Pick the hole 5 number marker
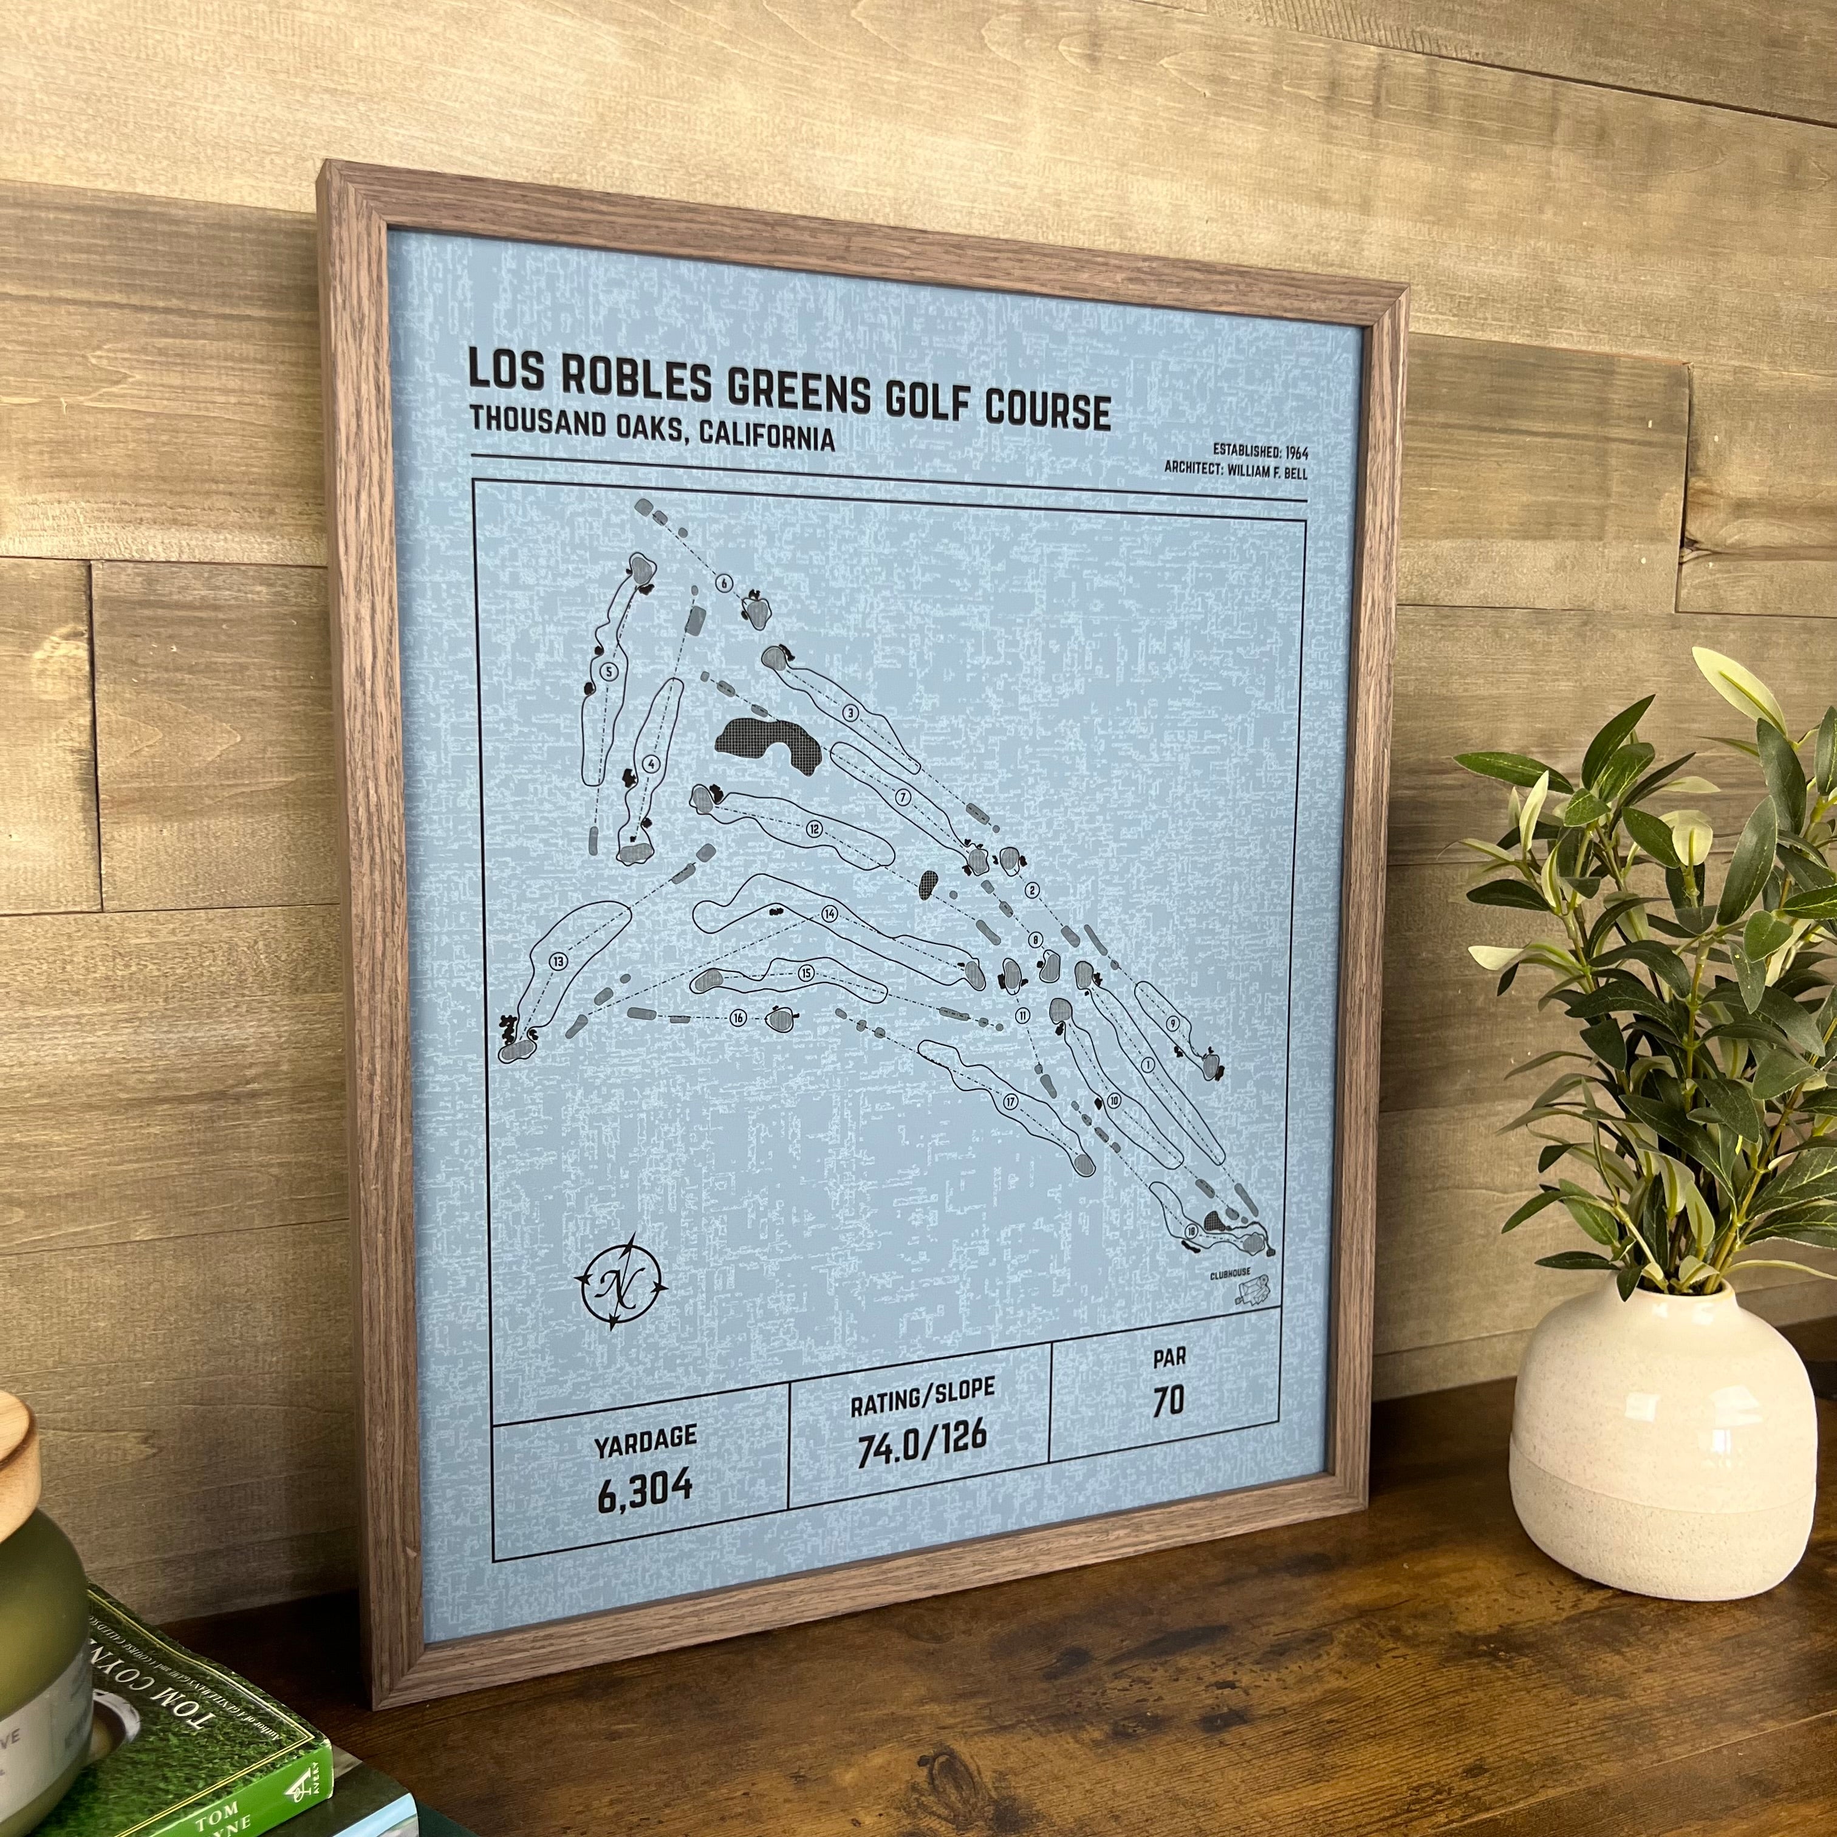(x=609, y=670)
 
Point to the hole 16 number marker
(x=738, y=1018)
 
